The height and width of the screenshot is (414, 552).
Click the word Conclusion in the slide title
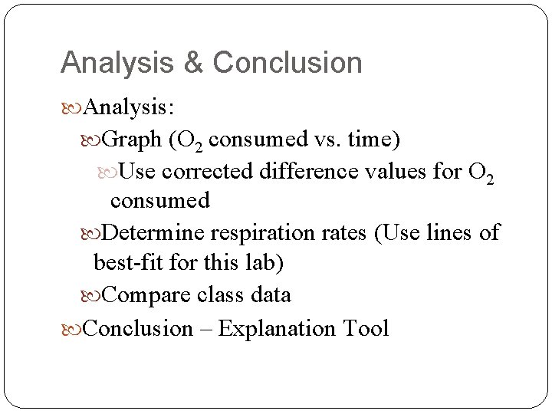click(x=287, y=63)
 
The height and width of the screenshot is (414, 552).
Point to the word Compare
click(x=146, y=294)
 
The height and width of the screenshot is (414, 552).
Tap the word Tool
click(x=367, y=329)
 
